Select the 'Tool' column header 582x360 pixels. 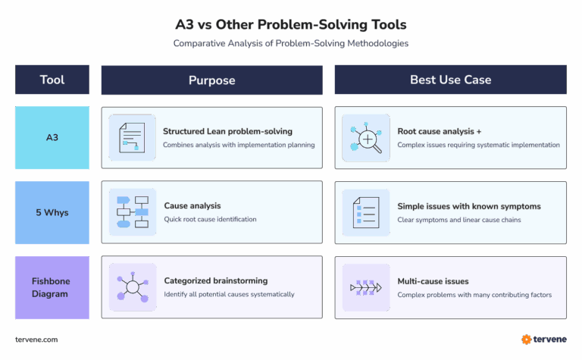coord(52,80)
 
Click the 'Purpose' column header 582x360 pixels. coord(211,80)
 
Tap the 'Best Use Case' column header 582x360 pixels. coord(450,80)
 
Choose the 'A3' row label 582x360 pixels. coord(52,138)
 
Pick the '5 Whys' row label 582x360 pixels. coord(52,213)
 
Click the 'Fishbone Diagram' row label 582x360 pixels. coord(52,287)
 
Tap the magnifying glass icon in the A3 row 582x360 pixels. coord(366,138)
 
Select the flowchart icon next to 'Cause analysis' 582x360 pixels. coord(133,213)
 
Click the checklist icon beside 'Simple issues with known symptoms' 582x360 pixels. coord(366,213)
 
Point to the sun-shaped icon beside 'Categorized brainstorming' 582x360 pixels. coord(133,287)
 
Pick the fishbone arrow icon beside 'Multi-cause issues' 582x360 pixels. coord(366,288)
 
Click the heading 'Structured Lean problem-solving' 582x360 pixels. coord(227,131)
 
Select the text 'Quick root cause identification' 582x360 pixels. coord(210,220)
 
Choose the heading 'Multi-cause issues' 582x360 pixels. coord(433,281)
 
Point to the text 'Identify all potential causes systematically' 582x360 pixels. coord(229,294)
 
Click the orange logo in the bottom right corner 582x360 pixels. coord(526,340)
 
